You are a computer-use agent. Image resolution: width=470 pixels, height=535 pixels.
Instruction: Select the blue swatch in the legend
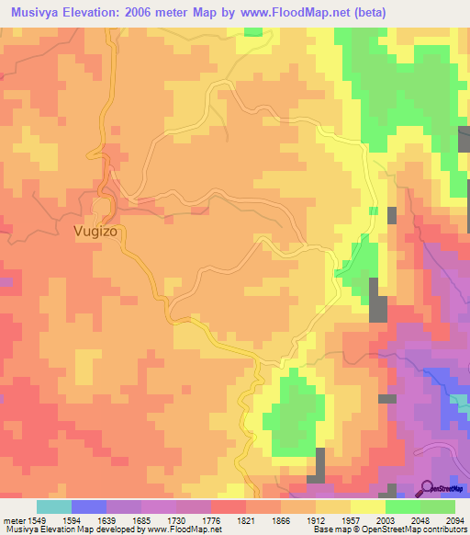pyautogui.click(x=88, y=507)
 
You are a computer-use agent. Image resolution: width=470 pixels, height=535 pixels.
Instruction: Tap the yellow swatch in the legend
pyautogui.click(x=367, y=507)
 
